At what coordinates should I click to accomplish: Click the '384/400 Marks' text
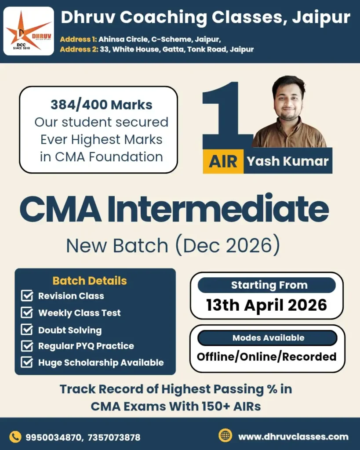pos(101,105)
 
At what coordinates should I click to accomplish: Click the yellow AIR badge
pos(223,161)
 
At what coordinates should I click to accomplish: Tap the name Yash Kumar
pos(287,161)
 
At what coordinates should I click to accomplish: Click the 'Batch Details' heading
pos(90,281)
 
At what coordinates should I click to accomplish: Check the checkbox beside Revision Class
pos(27,296)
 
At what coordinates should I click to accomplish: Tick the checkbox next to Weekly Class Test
pos(27,312)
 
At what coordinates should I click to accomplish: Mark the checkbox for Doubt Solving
pos(27,330)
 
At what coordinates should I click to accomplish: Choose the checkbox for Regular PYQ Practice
pos(27,346)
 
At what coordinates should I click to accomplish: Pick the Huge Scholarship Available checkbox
pos(27,363)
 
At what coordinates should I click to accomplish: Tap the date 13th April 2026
pos(267,305)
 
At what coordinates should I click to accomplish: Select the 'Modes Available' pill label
pos(268,338)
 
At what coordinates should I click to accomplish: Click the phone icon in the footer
pos(15,436)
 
